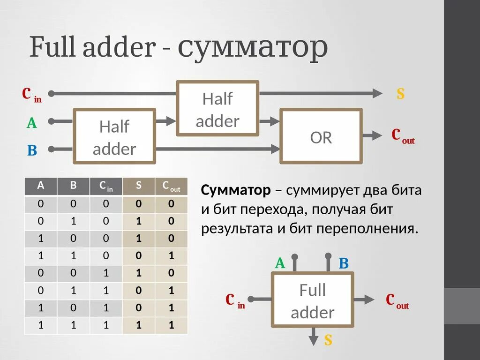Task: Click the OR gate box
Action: coord(321,136)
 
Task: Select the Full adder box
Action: coord(312,300)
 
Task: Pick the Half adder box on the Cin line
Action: coord(217,109)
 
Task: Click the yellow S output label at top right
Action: coord(400,94)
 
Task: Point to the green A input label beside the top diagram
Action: coord(31,123)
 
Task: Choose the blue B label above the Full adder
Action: coord(344,263)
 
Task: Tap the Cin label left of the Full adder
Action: coord(235,300)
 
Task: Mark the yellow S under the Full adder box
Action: coord(328,340)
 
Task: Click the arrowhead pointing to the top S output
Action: coord(377,94)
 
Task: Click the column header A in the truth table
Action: coord(41,186)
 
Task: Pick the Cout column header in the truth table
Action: coord(171,186)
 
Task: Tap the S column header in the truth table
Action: coord(138,186)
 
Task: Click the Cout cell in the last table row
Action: coord(171,325)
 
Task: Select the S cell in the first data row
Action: coord(138,204)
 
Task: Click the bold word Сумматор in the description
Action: coord(236,190)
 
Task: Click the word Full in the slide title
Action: coord(53,47)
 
